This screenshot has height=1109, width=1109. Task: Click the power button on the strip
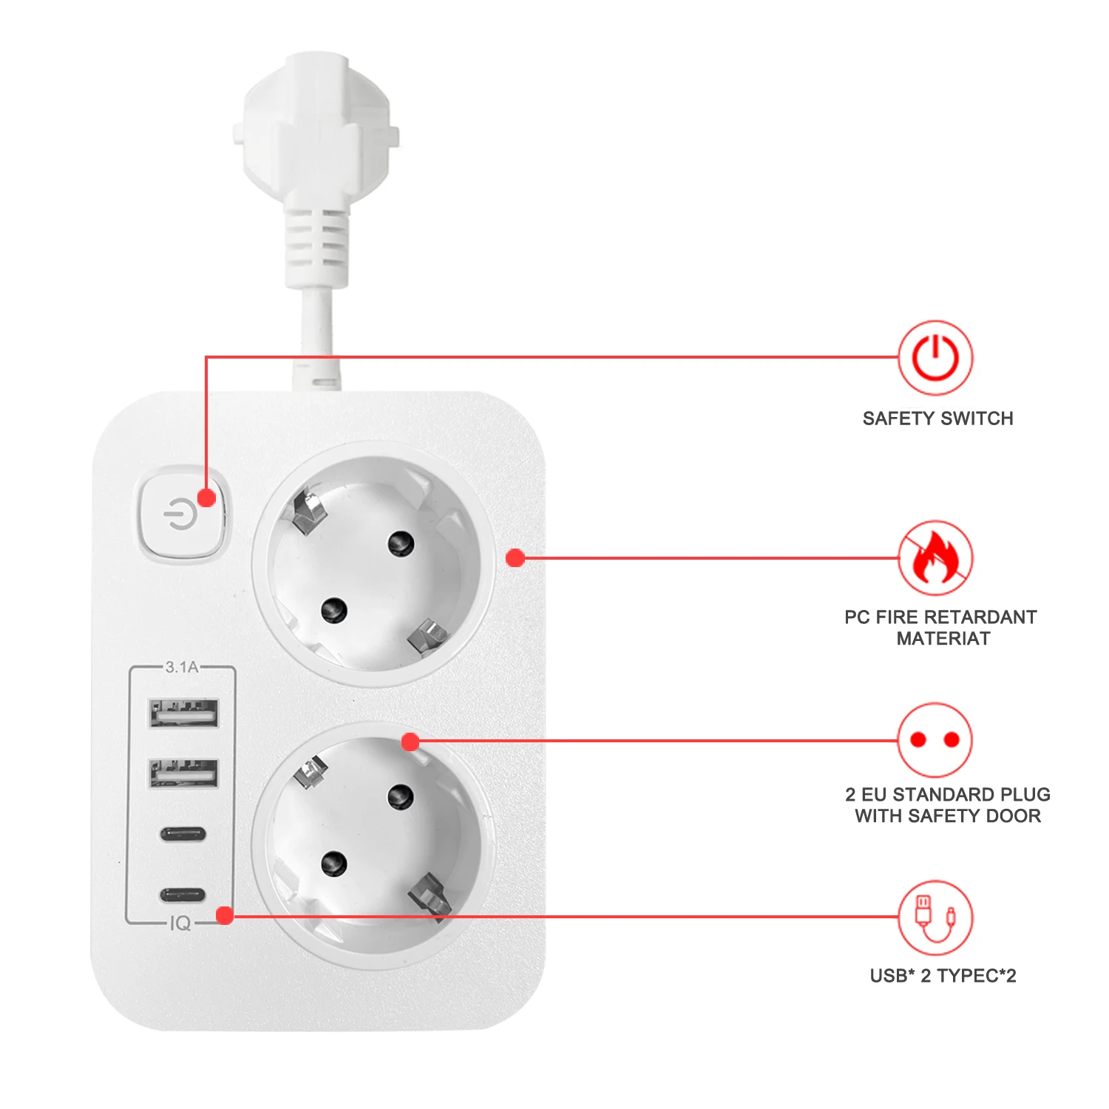click(181, 513)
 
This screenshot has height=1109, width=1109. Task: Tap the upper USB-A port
click(183, 713)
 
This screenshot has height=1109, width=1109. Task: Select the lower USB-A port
click(183, 773)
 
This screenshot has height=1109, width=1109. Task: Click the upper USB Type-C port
click(183, 835)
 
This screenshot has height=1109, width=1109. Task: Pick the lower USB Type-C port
click(183, 895)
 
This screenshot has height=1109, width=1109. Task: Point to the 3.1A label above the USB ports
click(182, 667)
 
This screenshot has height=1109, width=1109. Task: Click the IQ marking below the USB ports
click(180, 923)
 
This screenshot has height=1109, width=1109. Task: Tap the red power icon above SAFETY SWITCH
click(935, 358)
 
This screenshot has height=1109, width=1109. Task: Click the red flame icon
click(935, 558)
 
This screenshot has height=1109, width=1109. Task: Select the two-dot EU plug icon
click(935, 739)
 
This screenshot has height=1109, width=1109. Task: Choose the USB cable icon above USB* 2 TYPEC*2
click(935, 917)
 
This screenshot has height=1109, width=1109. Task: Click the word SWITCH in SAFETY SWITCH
click(976, 418)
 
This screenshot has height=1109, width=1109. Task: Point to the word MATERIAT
click(943, 639)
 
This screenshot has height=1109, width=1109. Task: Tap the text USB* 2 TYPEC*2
click(943, 976)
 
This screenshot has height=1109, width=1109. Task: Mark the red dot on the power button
click(207, 497)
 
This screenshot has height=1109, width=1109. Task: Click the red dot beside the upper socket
click(515, 558)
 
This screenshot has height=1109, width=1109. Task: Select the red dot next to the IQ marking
click(225, 916)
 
